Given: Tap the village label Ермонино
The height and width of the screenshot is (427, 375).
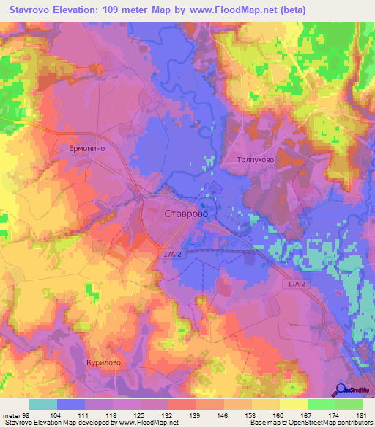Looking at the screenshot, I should tap(89, 148).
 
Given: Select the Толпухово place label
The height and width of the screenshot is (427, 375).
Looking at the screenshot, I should tap(256, 158).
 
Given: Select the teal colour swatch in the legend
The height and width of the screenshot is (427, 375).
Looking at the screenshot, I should tap(43, 404).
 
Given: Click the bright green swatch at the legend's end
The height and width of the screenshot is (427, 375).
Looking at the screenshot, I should tap(349, 404).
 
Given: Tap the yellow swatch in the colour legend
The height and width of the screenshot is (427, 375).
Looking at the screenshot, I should tap(294, 404).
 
